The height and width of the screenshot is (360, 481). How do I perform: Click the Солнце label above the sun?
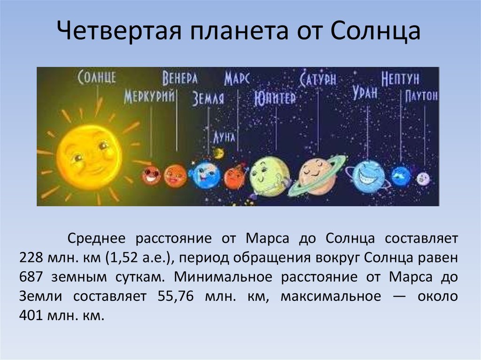click(x=97, y=77)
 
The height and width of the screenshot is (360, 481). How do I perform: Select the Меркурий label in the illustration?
click(x=149, y=97)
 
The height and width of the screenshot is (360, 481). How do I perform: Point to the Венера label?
click(x=180, y=78)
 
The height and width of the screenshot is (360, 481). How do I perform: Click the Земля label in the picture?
click(x=208, y=99)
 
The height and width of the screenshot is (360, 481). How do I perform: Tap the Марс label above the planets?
click(x=237, y=78)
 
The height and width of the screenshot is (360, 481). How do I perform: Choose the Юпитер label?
click(x=275, y=98)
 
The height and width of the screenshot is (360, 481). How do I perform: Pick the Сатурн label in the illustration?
click(x=318, y=78)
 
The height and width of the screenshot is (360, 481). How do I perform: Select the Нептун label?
click(x=400, y=79)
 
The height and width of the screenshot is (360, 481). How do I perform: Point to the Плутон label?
click(x=421, y=96)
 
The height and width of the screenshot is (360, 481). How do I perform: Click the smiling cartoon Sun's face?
click(x=89, y=157)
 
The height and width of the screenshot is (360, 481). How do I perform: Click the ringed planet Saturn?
click(x=317, y=176)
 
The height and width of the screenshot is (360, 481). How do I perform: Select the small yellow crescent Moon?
click(x=219, y=153)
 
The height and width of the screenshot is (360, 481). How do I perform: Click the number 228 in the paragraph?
click(x=31, y=258)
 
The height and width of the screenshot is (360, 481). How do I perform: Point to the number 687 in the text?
click(x=31, y=277)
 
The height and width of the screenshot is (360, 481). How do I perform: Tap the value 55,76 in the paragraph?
click(x=176, y=297)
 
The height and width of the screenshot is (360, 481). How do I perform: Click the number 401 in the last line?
click(x=31, y=315)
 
